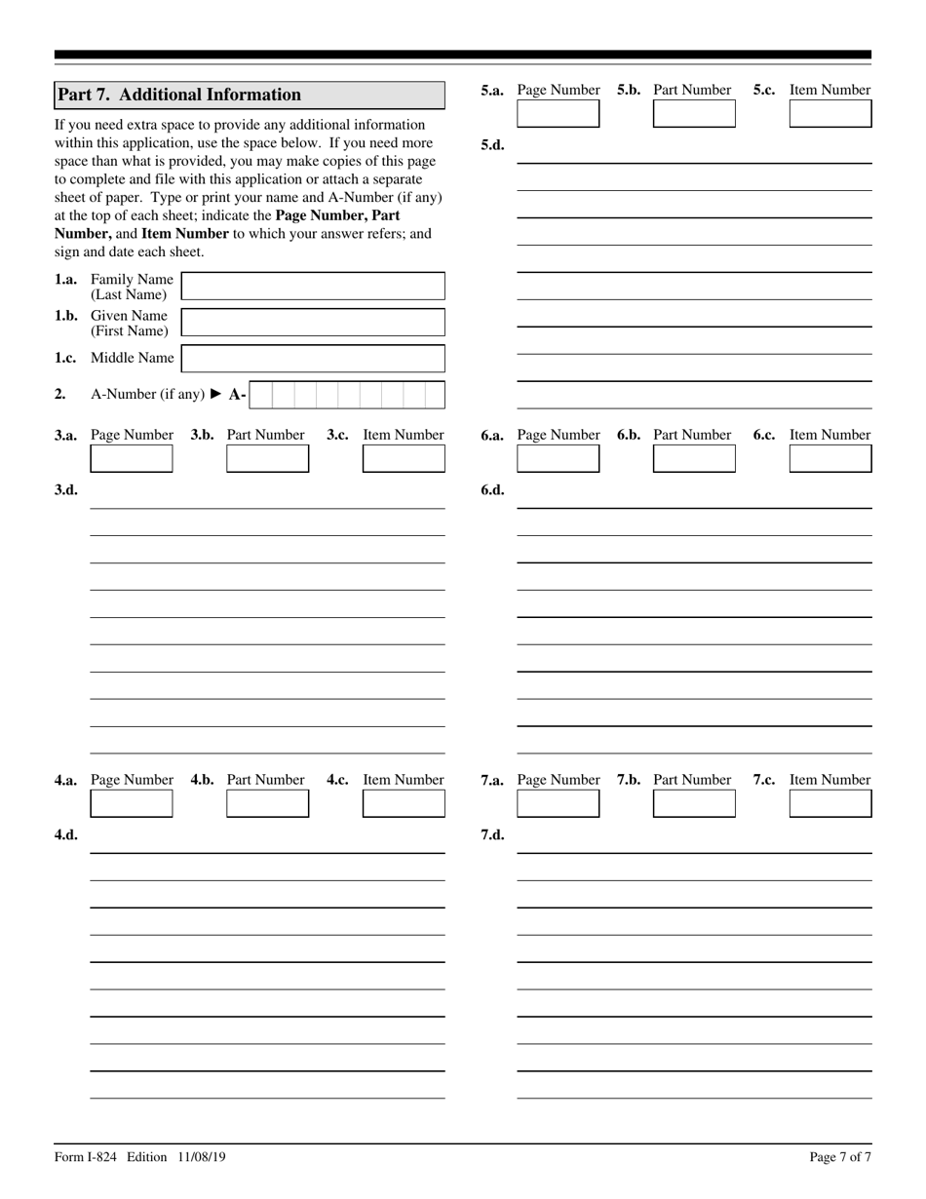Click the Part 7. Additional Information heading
[x=179, y=95]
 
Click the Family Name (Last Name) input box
[x=313, y=287]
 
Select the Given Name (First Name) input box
[x=313, y=323]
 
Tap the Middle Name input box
[x=313, y=359]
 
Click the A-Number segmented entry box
[x=347, y=395]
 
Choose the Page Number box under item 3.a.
[x=132, y=458]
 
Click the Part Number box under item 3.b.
[x=267, y=458]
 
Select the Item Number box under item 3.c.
[x=404, y=458]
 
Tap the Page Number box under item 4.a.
[x=132, y=803]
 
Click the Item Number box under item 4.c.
[x=404, y=803]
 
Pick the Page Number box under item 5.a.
[x=558, y=114]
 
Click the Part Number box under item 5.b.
[x=694, y=114]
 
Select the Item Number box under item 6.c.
[x=830, y=458]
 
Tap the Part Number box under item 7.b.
[x=694, y=803]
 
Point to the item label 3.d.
[x=66, y=489]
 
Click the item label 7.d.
[x=493, y=834]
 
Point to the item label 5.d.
[x=493, y=145]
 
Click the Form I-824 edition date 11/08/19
[x=202, y=1157]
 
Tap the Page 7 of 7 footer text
[x=840, y=1157]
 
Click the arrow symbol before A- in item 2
[x=216, y=395]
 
